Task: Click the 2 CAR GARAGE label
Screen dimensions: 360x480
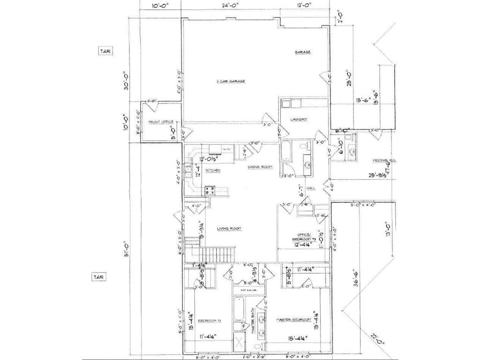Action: [231, 81]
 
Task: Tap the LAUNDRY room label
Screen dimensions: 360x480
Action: [299, 120]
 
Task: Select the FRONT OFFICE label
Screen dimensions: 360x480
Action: [161, 122]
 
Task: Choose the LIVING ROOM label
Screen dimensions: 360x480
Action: [229, 228]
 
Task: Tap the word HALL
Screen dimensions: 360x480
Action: [310, 188]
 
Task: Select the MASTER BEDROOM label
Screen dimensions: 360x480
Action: [293, 320]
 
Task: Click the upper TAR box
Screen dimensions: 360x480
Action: [105, 51]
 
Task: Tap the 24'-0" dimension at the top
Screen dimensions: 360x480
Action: [230, 6]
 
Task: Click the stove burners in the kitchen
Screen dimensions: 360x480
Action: [209, 190]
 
